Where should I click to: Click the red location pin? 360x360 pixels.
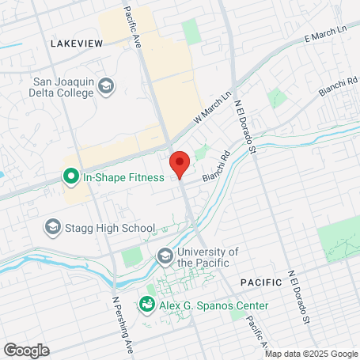[x=180, y=165]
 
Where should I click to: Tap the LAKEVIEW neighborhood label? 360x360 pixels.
[x=76, y=44]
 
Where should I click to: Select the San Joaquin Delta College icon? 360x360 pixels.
[x=106, y=85]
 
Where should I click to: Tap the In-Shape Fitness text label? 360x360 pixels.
[x=123, y=177]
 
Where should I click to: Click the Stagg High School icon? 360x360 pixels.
[x=53, y=228]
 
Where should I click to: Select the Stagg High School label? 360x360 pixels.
[x=109, y=228]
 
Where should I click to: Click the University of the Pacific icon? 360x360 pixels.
[x=165, y=256]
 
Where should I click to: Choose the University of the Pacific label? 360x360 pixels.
[x=208, y=256]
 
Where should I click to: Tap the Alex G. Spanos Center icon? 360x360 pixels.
[x=146, y=304]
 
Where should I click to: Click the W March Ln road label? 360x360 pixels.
[x=213, y=108]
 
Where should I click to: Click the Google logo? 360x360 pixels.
[x=26, y=350]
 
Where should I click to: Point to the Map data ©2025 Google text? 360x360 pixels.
[x=311, y=354]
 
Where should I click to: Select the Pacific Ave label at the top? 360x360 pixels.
[x=133, y=28]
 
